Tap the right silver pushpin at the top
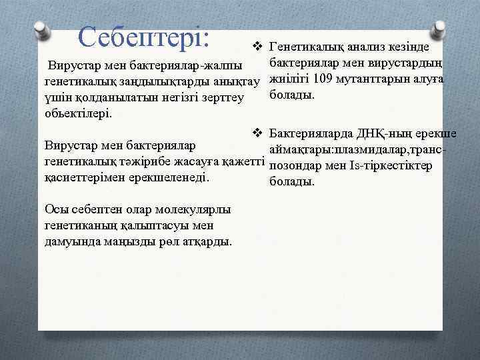tap(439, 29)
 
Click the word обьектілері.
tap(78, 113)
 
